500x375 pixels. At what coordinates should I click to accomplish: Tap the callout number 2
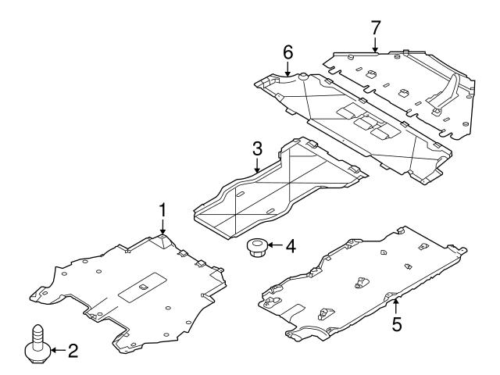[x=73, y=352]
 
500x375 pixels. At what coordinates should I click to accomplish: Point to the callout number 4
[x=291, y=247]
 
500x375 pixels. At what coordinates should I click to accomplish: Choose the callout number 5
[x=397, y=323]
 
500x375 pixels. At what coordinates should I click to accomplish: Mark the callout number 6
[x=287, y=52]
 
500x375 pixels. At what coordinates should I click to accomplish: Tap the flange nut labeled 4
[x=256, y=248]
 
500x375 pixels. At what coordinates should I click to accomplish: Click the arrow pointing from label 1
[x=163, y=227]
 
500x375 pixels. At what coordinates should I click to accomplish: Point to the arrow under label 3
[x=256, y=166]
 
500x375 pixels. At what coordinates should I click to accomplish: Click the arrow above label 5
[x=397, y=304]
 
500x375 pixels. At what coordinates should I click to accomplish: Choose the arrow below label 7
[x=376, y=44]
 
